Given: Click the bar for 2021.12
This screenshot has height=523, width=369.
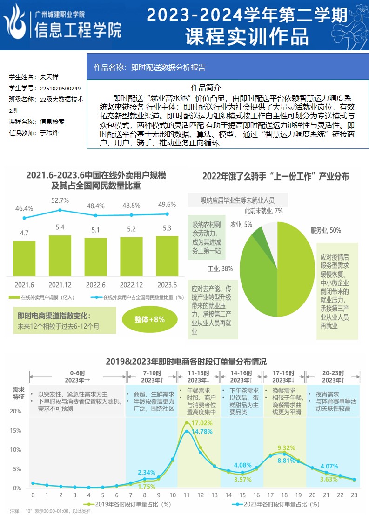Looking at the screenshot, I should (x=60, y=255).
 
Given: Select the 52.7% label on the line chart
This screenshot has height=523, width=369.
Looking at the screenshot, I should (x=60, y=200).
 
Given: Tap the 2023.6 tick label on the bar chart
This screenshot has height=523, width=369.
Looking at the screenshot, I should (x=167, y=285).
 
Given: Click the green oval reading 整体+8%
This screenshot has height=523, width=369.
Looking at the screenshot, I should (x=149, y=320).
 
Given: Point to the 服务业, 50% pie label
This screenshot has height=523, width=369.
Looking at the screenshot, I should (x=325, y=230).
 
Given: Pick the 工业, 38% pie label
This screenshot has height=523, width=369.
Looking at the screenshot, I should (x=220, y=268).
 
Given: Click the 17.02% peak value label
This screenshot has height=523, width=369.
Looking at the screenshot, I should (x=202, y=423).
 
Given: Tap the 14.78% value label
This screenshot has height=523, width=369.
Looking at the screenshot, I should (x=202, y=431).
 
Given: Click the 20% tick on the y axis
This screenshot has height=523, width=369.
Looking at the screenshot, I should (x=15, y=412).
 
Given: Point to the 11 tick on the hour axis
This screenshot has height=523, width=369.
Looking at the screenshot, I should (x=187, y=495).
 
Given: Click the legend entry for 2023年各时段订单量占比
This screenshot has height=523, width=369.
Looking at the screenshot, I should (x=275, y=504).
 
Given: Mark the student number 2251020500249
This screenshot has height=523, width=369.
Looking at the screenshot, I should (x=60, y=88).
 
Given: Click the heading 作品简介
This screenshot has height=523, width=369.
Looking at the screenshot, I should (x=206, y=87).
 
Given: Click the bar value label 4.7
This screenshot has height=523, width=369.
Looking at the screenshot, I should (x=24, y=233).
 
